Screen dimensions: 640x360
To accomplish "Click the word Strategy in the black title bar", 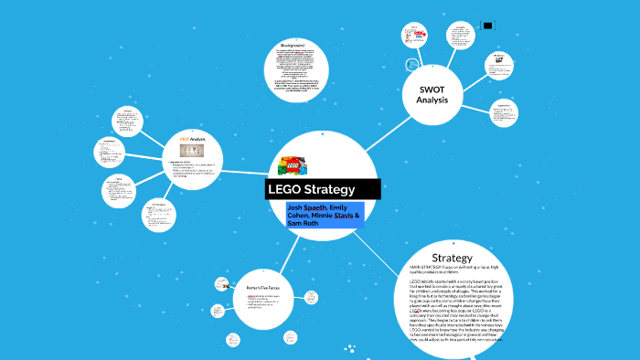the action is pyautogui.click(x=328, y=190).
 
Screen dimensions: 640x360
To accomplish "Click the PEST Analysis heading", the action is pyautogui.click(x=191, y=139).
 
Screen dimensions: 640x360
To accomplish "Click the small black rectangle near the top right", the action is pyautogui.click(x=487, y=26).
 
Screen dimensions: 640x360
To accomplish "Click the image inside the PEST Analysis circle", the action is pyautogui.click(x=191, y=150).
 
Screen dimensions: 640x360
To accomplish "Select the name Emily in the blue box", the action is pyautogui.click(x=345, y=207).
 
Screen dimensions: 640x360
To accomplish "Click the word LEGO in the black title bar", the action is pyautogui.click(x=285, y=190).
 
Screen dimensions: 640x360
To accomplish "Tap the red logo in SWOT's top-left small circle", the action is pyautogui.click(x=420, y=35).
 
